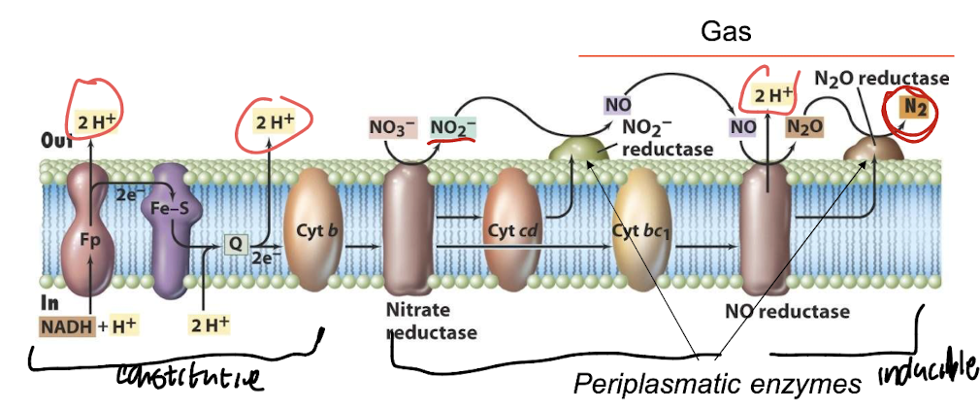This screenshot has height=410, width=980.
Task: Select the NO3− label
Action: pyautogui.click(x=392, y=128)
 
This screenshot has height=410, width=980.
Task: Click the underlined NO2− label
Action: pyautogui.click(x=453, y=128)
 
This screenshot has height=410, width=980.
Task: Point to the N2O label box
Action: pyautogui.click(x=804, y=126)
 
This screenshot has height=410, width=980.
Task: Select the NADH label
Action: pyautogui.click(x=67, y=325)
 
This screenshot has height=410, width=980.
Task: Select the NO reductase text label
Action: pyautogui.click(x=787, y=312)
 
